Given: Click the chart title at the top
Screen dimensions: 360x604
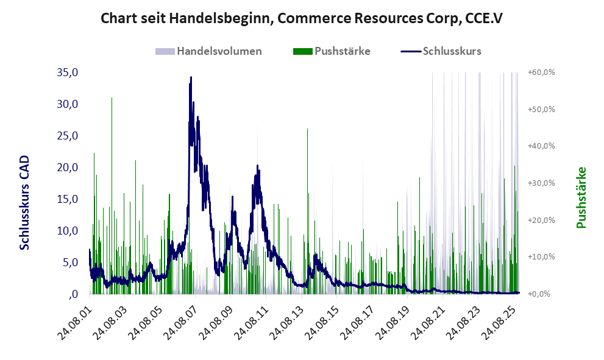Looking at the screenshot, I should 302,19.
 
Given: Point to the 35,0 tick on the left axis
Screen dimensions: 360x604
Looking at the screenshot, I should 67,72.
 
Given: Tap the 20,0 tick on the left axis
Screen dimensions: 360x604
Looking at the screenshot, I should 67,168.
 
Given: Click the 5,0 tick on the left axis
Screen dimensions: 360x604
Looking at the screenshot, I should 69,263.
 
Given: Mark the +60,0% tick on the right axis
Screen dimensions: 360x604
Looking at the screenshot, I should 542,72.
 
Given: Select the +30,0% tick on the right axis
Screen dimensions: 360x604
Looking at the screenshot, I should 542,183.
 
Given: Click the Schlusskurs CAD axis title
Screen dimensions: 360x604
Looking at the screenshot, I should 25,203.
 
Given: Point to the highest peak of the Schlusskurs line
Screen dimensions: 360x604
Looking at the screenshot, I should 191,77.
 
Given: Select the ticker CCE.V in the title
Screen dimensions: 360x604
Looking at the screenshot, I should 479,19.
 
